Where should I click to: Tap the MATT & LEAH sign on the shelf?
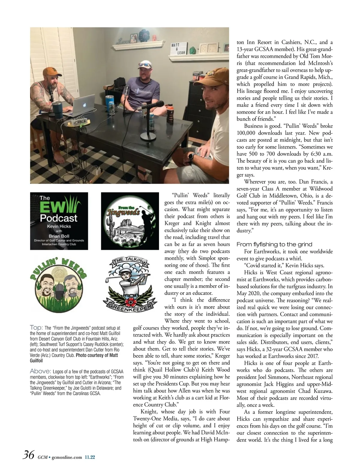pyautogui.click(x=179, y=48)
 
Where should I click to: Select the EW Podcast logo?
pyautogui.click(x=59, y=221)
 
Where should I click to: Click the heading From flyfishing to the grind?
pyautogui.click(x=274, y=244)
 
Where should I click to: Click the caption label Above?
pyautogui.click(x=40, y=371)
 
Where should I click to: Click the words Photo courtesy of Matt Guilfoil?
pyautogui.click(x=96, y=358)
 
